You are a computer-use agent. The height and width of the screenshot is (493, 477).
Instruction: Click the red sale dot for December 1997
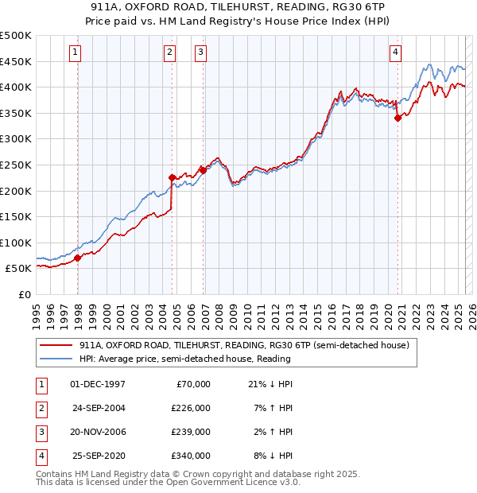coord(78,258)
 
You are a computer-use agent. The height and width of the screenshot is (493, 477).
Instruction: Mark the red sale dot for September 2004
coord(173,177)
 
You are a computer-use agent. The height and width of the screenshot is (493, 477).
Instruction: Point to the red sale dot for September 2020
coord(397,118)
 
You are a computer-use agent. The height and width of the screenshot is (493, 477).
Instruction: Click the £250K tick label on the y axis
coord(17,165)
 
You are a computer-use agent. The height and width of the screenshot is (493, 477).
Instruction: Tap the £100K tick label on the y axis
coord(17,243)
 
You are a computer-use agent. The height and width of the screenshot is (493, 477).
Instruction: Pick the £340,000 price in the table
coord(192,456)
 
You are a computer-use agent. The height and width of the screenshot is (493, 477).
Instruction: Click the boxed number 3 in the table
coord(40,433)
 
